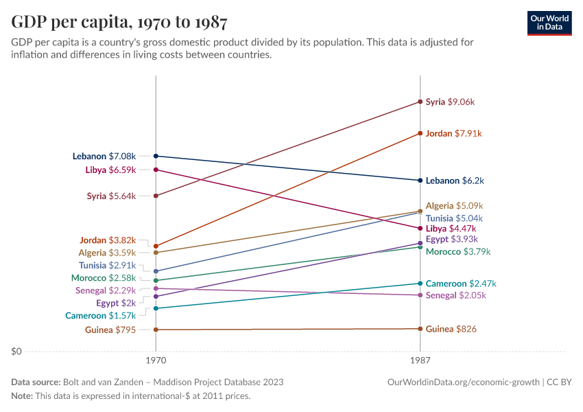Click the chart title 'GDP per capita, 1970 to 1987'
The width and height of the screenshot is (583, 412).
(x=119, y=22)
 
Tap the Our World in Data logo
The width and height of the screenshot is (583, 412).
(x=549, y=23)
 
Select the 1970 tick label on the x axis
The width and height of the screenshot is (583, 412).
(x=156, y=360)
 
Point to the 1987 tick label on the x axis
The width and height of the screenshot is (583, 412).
(x=420, y=360)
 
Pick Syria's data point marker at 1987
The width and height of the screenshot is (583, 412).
(x=420, y=102)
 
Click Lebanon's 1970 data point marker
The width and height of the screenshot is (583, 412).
(x=156, y=156)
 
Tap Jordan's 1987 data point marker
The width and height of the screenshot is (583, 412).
(x=420, y=133)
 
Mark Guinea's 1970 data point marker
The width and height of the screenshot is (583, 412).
(x=156, y=330)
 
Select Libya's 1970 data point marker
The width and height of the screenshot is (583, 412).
(x=156, y=170)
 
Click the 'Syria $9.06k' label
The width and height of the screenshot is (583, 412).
(x=450, y=102)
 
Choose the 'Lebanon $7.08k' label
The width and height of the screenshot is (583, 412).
(x=104, y=156)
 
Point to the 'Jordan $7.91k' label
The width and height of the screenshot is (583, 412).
(x=453, y=133)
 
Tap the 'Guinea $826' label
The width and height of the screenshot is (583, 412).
(x=451, y=329)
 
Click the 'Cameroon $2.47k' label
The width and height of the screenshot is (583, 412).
(x=461, y=283)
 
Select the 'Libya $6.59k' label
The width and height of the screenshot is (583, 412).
(x=110, y=170)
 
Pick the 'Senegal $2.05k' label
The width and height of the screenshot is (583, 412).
(x=455, y=295)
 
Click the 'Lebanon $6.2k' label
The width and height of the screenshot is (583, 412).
(x=455, y=181)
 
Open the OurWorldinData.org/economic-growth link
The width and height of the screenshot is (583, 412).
(x=463, y=382)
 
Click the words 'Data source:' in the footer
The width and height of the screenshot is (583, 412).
(x=36, y=382)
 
